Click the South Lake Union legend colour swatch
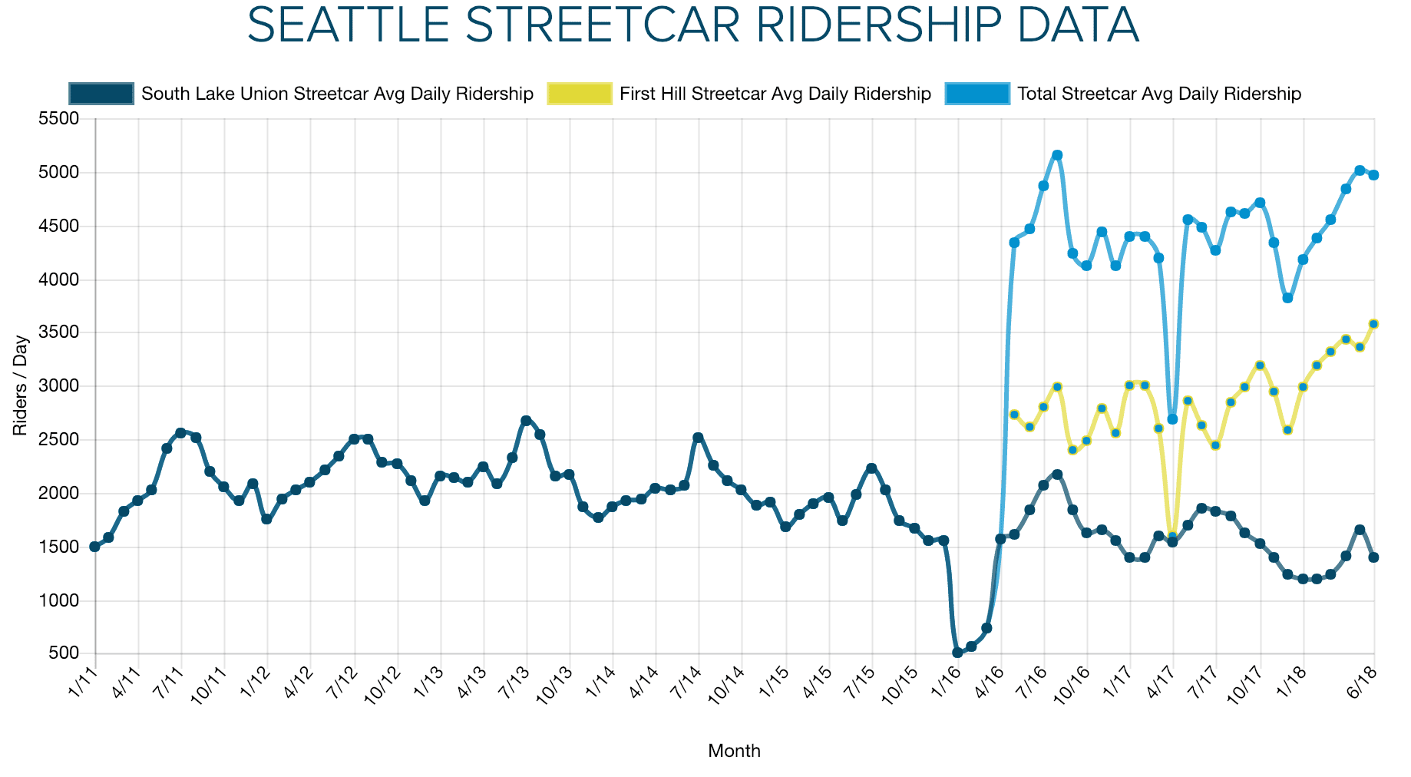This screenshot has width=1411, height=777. click(101, 94)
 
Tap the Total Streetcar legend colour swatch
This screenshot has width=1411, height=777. click(977, 94)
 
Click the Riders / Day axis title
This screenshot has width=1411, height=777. click(20, 385)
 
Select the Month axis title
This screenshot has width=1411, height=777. click(734, 751)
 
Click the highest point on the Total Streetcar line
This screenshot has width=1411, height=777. click(1057, 155)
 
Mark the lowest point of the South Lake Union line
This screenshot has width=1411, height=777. click(957, 653)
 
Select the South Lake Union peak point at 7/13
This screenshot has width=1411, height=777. click(526, 421)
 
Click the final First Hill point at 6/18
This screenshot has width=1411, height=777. click(1374, 324)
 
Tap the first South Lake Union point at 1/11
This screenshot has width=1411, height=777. click(94, 547)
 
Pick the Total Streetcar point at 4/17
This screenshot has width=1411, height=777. click(1172, 419)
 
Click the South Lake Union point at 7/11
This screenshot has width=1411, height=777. click(180, 433)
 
